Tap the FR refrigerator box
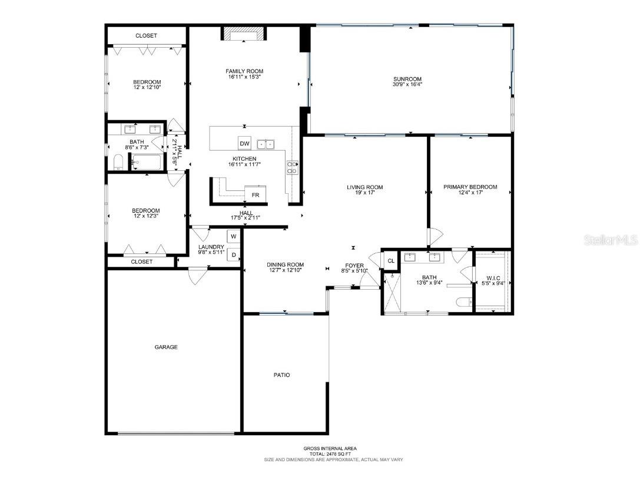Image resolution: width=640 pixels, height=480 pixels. (256, 194)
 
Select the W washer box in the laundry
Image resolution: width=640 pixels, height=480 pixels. (234, 236)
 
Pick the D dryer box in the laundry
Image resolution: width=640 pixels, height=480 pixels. (234, 255)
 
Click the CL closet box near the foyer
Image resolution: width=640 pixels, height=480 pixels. (390, 260)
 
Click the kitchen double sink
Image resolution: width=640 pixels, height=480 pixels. (266, 144)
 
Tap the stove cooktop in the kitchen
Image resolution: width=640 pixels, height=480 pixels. (293, 167)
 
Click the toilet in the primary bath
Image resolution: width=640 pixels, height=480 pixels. (463, 302)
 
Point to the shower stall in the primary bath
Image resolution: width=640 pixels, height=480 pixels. (390, 293)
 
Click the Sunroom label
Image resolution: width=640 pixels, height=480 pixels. (407, 79)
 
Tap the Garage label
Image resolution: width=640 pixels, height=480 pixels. (166, 347)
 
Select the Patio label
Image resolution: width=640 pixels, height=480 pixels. (281, 375)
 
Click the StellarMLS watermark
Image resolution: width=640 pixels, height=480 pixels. (610, 240)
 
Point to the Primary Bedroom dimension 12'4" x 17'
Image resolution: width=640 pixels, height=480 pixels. (470, 193)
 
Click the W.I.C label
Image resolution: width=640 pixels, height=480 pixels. (493, 277)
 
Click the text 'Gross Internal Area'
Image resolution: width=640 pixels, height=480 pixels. (330, 449)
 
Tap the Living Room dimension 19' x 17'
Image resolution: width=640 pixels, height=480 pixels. (364, 193)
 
